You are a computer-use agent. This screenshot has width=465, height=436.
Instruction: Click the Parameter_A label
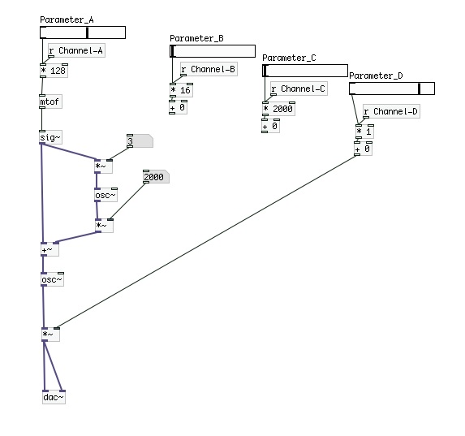(67, 19)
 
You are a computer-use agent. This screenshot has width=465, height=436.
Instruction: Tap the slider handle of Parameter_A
(87, 32)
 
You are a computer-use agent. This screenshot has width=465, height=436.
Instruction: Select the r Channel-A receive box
(76, 51)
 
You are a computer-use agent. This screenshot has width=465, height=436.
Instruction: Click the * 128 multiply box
(54, 71)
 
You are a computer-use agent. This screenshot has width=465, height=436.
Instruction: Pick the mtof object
(50, 101)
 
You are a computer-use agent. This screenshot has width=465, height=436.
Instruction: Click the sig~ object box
(50, 137)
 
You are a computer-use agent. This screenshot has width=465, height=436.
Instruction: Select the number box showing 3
(140, 141)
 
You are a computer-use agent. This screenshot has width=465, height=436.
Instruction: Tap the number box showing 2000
(156, 177)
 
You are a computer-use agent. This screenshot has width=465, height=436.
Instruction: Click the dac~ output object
(54, 397)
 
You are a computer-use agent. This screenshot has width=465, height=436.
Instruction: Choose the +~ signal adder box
(50, 249)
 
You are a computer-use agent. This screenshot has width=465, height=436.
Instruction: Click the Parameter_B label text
(196, 39)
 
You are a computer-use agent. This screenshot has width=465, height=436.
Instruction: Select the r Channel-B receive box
(209, 70)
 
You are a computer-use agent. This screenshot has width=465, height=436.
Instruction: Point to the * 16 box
(181, 90)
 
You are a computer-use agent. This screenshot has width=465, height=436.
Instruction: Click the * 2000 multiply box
(278, 109)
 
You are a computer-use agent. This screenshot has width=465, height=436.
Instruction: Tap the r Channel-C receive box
(299, 88)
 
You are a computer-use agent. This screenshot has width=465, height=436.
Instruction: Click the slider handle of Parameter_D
(419, 88)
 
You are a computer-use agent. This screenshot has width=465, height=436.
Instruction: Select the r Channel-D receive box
(391, 111)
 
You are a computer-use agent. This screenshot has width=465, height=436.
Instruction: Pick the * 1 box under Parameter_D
(364, 132)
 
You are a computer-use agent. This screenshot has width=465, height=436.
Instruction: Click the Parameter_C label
(289, 58)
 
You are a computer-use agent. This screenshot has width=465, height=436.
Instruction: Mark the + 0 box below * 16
(178, 107)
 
